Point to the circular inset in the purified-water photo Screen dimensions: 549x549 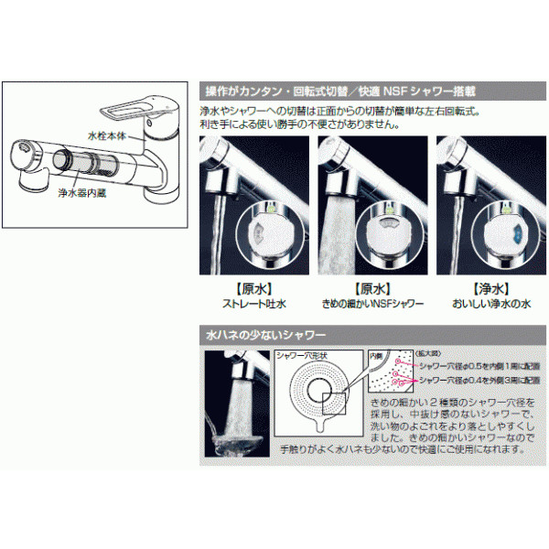(x=503, y=229)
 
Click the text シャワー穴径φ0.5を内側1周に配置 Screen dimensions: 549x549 (x=470, y=363)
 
